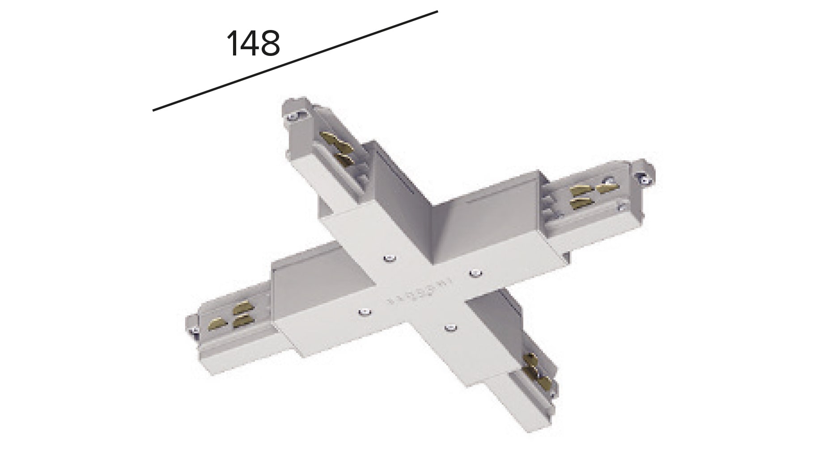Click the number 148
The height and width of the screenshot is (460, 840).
[253, 43]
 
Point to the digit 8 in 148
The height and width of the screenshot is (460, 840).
[270, 43]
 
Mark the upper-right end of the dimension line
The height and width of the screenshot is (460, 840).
[437, 12]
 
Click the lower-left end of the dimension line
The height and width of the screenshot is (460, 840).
[154, 110]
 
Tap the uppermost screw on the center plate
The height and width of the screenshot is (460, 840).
[390, 258]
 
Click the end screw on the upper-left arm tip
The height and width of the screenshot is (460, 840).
[293, 117]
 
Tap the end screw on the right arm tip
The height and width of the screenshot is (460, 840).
[644, 179]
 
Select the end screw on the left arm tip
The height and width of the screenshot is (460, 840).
[195, 331]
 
